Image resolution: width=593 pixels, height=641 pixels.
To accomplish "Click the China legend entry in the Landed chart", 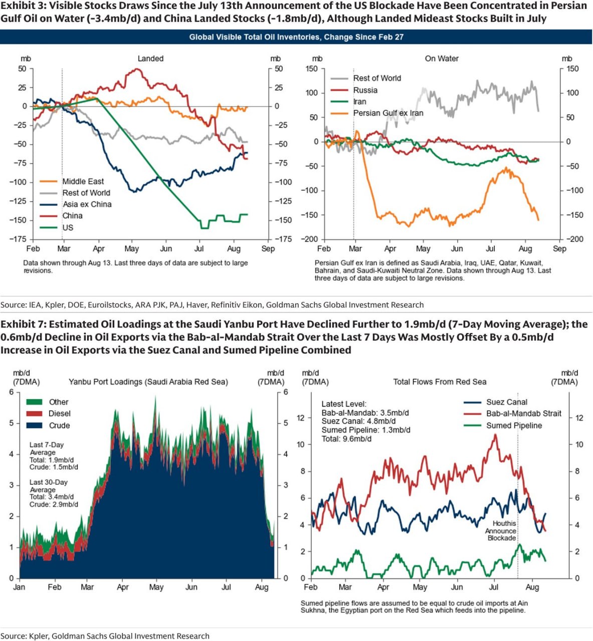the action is coord(61,216).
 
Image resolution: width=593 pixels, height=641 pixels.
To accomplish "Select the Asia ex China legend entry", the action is coord(76,204).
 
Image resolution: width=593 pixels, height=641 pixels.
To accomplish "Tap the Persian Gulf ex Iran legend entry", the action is coord(377,113).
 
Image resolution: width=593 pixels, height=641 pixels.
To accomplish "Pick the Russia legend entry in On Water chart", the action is coord(354,90).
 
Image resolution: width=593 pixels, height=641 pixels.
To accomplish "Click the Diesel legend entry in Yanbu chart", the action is coord(49,414).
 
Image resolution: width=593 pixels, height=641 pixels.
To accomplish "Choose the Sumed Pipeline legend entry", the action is coord(503,425).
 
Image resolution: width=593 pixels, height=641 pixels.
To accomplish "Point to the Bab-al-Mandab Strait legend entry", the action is coord(512,414).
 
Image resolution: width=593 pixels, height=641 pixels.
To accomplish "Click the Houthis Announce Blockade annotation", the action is coord(501,531).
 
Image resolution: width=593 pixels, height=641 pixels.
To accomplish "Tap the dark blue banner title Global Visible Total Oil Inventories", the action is coord(296,37).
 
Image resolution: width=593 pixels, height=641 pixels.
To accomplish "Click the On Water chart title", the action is coord(442,59).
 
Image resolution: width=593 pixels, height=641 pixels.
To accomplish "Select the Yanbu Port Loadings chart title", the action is coord(148,382).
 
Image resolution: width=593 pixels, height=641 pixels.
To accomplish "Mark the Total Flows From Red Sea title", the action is coord(440,382).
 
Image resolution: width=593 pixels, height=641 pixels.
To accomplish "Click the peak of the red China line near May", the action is coord(138,69).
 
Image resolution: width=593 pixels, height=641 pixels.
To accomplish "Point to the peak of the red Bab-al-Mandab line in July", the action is coord(495,435).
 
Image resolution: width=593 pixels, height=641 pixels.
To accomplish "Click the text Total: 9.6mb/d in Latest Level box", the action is coord(346,439).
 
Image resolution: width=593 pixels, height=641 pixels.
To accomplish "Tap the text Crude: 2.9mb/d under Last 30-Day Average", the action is coord(54,504).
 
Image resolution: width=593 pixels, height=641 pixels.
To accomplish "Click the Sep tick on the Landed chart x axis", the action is coord(268,248).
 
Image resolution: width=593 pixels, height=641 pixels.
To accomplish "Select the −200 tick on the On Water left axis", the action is coord(309,239).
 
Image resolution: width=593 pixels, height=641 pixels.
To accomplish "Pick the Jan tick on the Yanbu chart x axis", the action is coord(19,587).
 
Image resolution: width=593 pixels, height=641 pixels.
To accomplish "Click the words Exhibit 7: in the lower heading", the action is coord(23,324).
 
